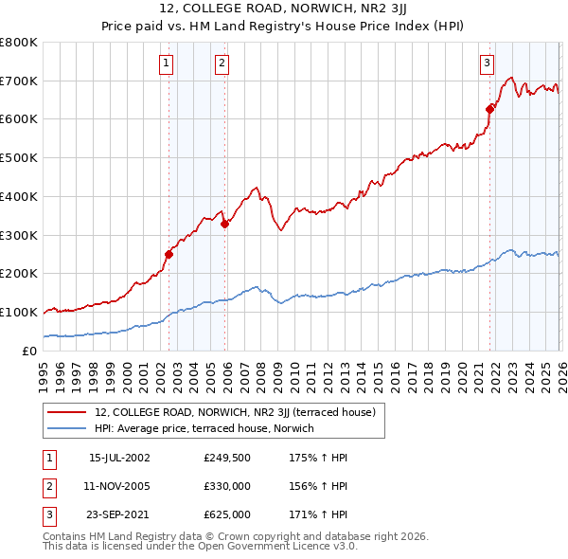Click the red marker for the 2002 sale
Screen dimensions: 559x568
pyautogui.click(x=169, y=254)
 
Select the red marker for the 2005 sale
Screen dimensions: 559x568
pyautogui.click(x=224, y=224)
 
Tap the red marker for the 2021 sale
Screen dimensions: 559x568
pyautogui.click(x=489, y=109)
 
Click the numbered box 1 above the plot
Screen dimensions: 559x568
pyautogui.click(x=167, y=63)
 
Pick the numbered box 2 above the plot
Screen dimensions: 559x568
pyautogui.click(x=222, y=63)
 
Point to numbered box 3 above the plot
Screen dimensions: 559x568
pyautogui.click(x=487, y=63)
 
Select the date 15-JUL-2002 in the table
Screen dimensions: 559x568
pyautogui.click(x=119, y=457)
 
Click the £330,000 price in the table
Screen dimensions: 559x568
pyautogui.click(x=227, y=486)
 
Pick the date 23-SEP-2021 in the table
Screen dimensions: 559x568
pyautogui.click(x=119, y=515)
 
